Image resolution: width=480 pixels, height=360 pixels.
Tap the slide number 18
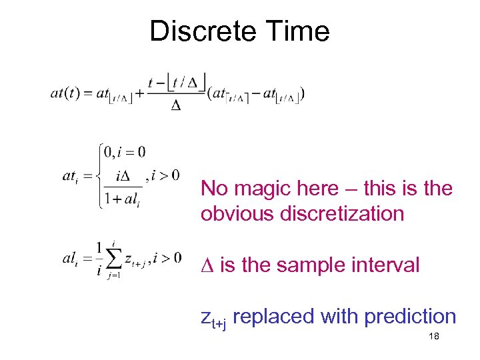click(x=433, y=337)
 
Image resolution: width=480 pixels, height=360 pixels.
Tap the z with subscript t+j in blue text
click(x=215, y=319)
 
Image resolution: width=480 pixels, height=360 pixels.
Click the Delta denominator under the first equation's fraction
click(x=176, y=107)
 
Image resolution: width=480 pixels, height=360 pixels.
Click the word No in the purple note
click(x=214, y=189)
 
